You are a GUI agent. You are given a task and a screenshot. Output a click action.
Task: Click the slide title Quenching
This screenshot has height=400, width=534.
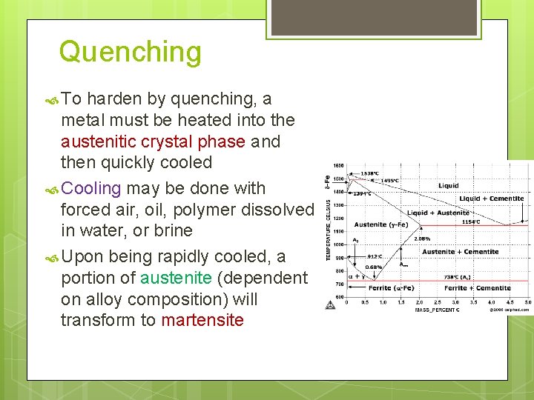coord(130,52)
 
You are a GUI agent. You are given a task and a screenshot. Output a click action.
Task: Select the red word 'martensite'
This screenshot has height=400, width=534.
coord(202,321)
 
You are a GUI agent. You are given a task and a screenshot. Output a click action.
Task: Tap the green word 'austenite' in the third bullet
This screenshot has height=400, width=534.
coord(176,278)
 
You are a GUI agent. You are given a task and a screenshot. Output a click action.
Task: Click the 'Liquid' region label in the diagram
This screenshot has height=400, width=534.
coord(448,186)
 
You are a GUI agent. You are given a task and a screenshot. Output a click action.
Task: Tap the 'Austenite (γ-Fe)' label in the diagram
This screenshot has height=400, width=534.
coord(380,224)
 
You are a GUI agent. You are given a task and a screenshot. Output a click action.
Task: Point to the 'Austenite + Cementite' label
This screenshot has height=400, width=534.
coord(460,252)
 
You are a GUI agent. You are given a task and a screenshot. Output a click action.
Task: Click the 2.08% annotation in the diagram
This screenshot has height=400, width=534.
coord(422,239)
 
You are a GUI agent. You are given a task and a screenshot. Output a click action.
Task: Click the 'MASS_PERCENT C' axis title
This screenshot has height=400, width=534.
coord(437,310)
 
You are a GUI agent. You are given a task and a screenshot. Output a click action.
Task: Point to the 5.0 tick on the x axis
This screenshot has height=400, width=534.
coord(527,302)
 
